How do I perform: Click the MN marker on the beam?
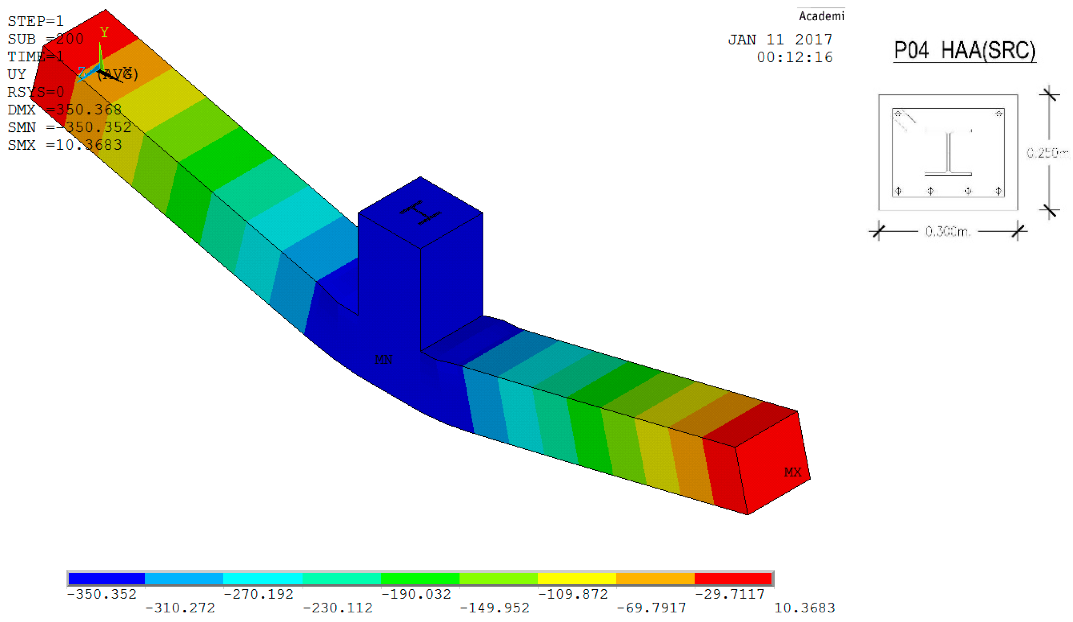coord(383,360)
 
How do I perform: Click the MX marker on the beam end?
coord(792,472)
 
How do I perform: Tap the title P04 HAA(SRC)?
coord(964,50)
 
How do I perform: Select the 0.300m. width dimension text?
coord(947,231)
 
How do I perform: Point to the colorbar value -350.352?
coord(102,594)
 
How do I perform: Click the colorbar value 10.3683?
coord(804,608)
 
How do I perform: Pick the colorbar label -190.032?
coord(416,594)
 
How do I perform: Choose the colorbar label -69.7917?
coord(652,608)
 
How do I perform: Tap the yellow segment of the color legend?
coord(577,579)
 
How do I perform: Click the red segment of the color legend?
coord(733,579)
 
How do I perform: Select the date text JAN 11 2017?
coord(780,39)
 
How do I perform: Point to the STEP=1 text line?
coord(36,21)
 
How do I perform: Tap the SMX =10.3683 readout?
coord(65,145)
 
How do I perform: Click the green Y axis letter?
coord(104,32)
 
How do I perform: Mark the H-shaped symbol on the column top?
coord(420,212)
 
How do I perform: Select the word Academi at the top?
coord(821,16)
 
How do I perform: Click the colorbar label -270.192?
coord(259,594)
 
